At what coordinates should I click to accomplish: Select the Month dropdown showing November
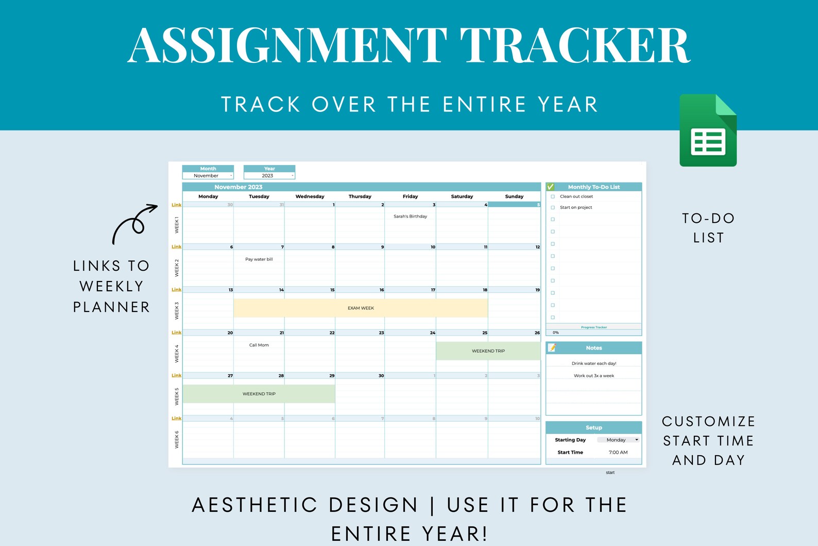(x=208, y=176)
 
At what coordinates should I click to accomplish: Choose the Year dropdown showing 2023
(x=269, y=176)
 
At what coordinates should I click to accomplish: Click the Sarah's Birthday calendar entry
(x=410, y=217)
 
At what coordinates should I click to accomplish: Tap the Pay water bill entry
(x=259, y=259)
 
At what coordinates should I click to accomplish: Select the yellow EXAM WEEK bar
(x=361, y=308)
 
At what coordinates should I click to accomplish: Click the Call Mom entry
(x=259, y=345)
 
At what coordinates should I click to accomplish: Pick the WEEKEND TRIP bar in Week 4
(x=488, y=351)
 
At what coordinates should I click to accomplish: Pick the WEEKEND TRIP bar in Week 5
(x=259, y=394)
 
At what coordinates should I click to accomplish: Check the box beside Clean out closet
(x=553, y=196)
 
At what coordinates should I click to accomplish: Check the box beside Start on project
(x=553, y=208)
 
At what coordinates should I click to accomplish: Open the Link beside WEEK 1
(x=176, y=205)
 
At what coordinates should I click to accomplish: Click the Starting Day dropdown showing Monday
(x=618, y=440)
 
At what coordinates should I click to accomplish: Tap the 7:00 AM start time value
(x=618, y=452)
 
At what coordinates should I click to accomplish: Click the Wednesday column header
(x=310, y=196)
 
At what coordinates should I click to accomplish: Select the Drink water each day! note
(x=593, y=363)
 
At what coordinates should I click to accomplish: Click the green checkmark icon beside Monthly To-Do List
(x=550, y=187)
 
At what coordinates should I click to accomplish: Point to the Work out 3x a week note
(x=593, y=376)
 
